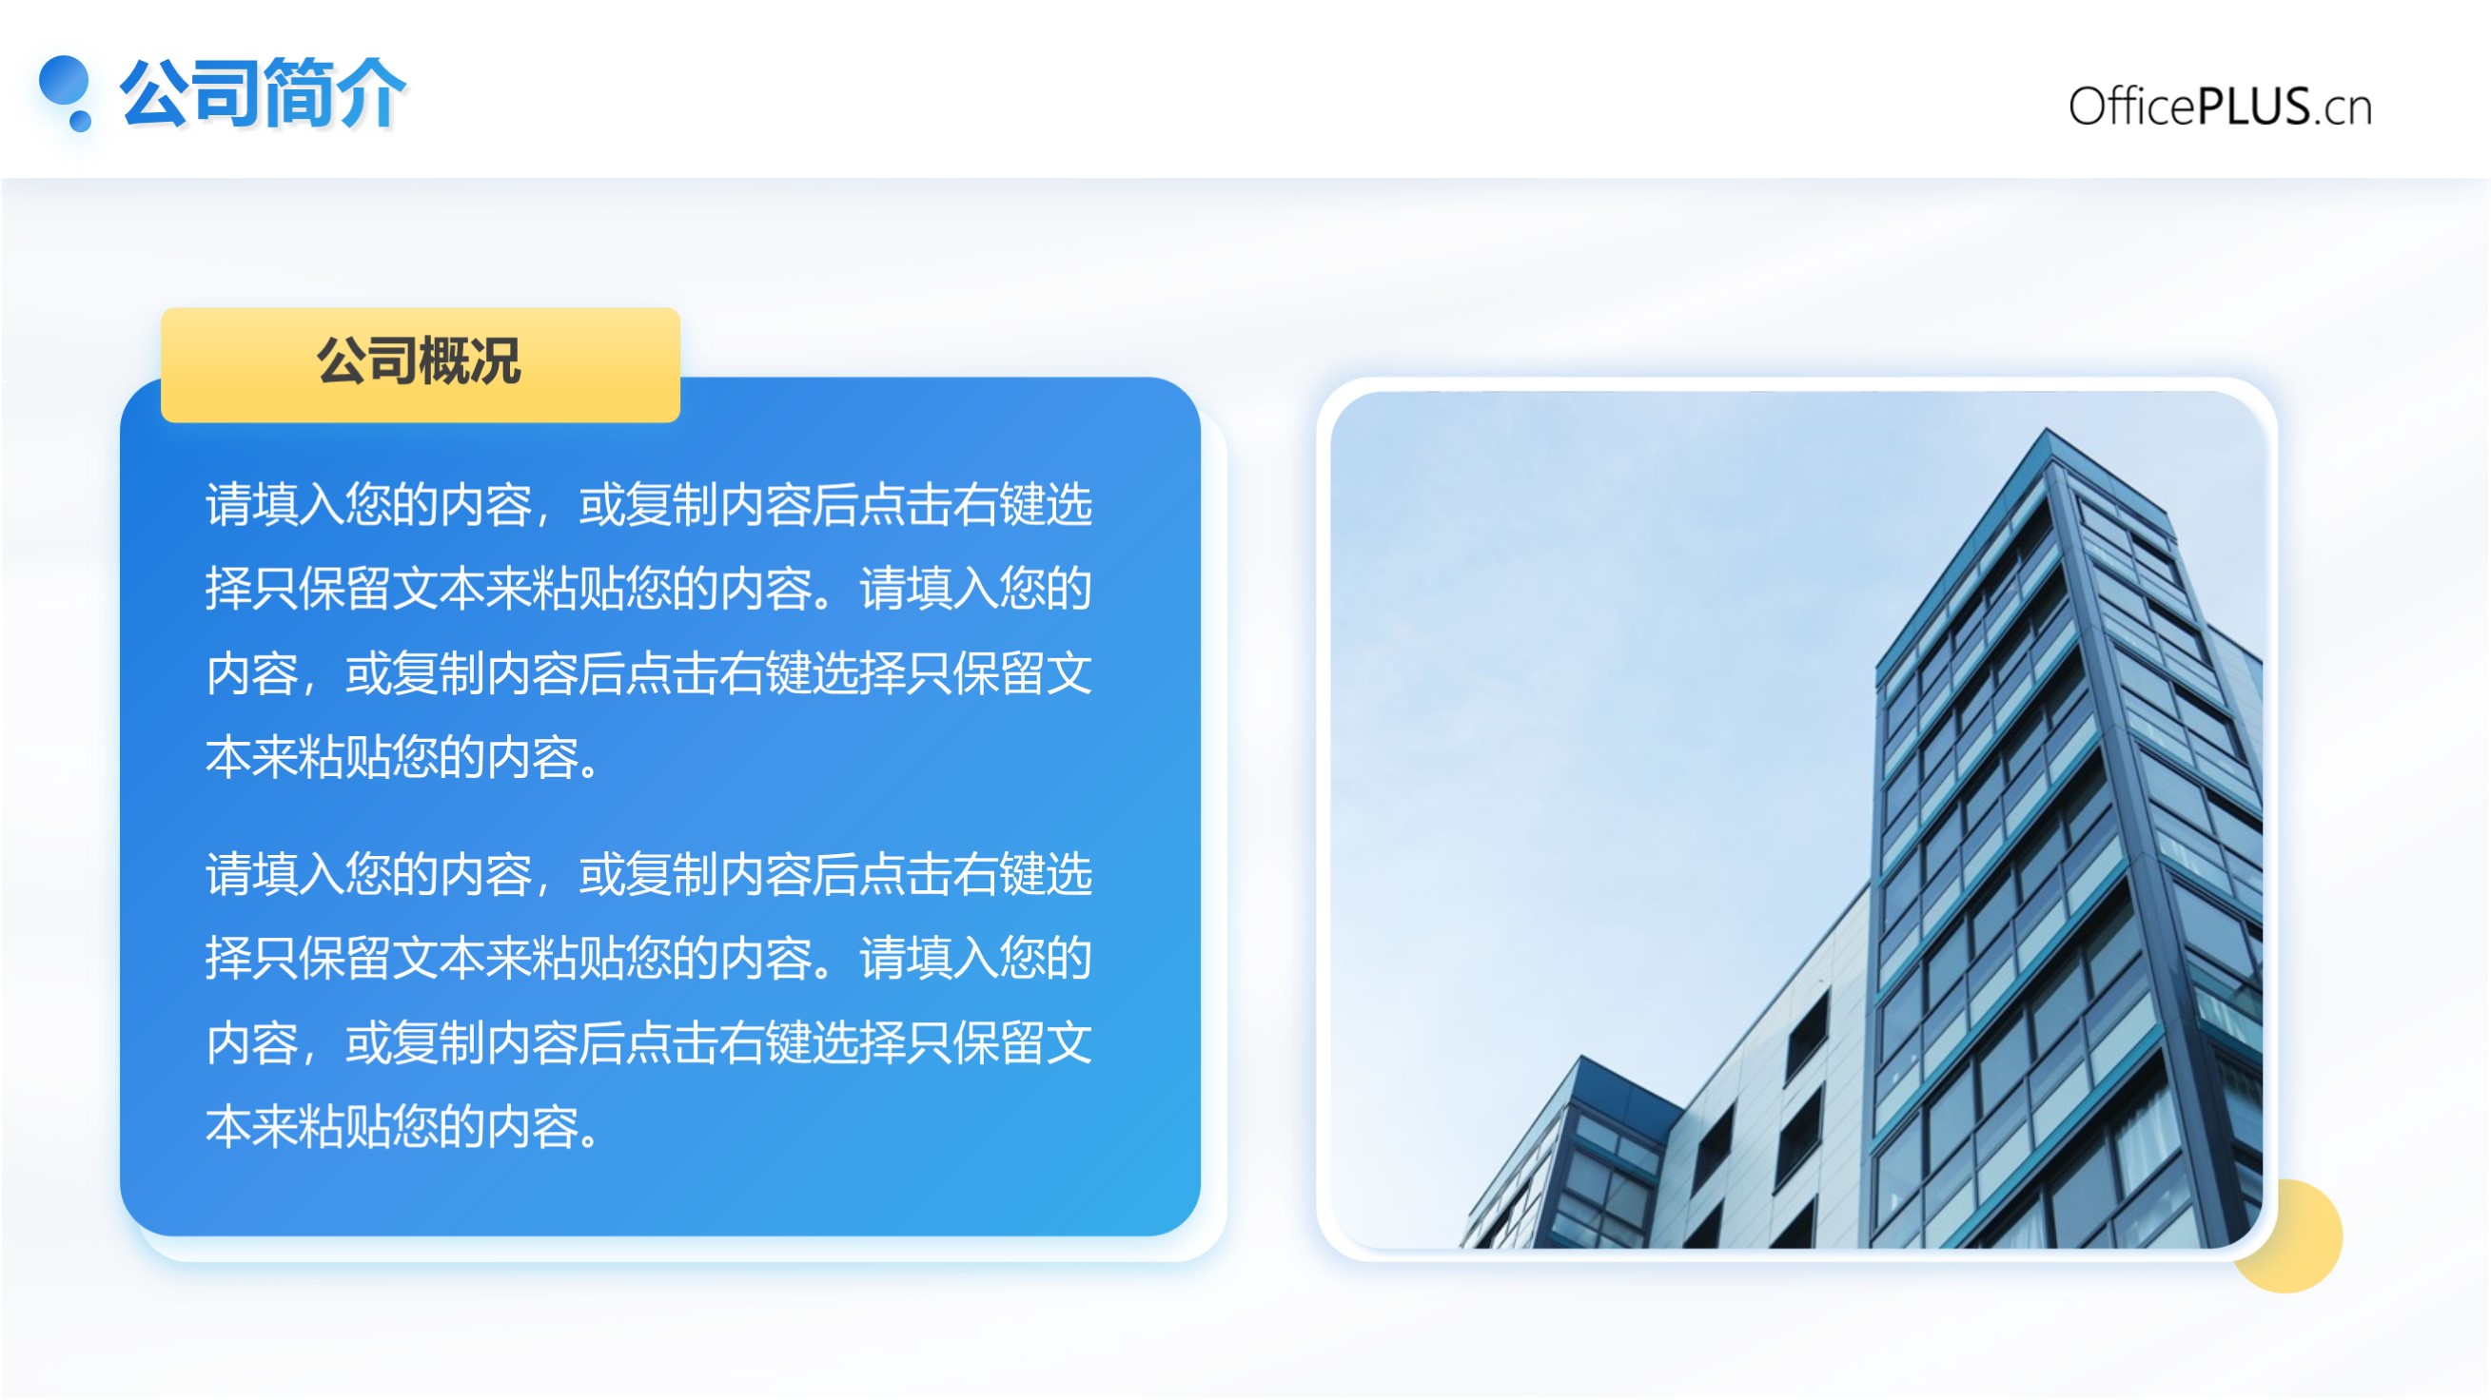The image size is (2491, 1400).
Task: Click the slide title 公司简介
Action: click(262, 93)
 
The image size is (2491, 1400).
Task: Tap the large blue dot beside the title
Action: click(64, 81)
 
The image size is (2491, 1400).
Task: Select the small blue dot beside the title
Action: click(80, 121)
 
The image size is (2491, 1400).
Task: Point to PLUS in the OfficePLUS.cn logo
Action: click(2254, 107)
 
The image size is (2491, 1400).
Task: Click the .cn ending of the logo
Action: click(2342, 109)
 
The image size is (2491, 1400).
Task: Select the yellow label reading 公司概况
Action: click(421, 364)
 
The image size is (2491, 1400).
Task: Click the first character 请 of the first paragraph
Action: click(229, 505)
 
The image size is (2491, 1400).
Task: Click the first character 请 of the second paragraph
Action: click(229, 874)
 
